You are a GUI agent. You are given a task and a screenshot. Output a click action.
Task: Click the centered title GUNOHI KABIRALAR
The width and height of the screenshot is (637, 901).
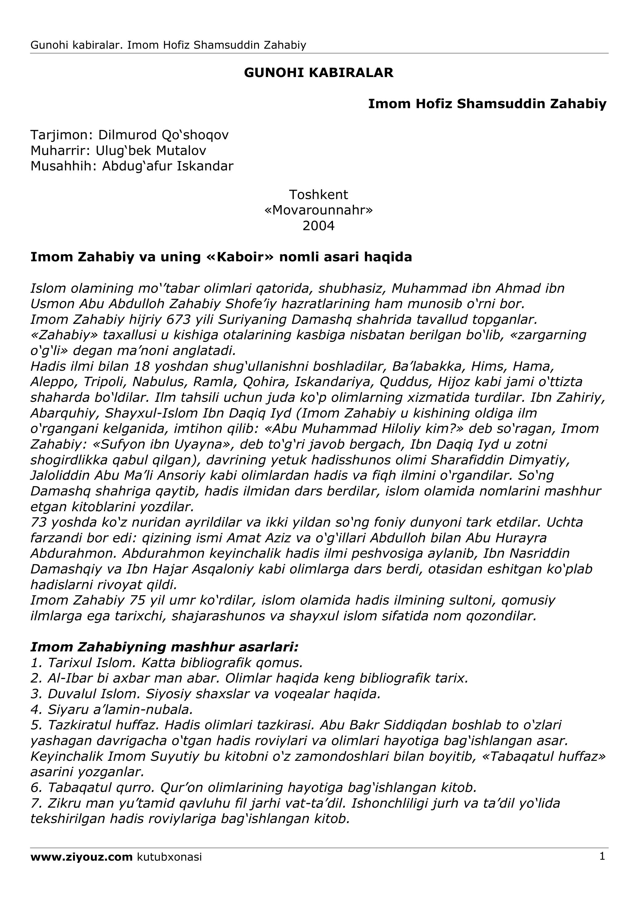[318, 73]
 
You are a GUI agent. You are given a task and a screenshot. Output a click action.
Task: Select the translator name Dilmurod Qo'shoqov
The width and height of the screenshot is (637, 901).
[163, 135]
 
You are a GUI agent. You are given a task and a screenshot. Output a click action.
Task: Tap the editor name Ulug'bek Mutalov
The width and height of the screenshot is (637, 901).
[151, 151]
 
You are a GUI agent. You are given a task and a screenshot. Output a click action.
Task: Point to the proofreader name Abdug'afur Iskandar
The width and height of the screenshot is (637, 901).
[168, 166]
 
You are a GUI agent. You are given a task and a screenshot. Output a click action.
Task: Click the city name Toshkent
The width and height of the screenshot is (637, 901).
[318, 195]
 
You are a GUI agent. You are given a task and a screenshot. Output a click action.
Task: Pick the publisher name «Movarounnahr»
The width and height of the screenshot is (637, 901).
[318, 210]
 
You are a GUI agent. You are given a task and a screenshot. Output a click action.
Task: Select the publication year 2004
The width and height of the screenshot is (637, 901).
[318, 226]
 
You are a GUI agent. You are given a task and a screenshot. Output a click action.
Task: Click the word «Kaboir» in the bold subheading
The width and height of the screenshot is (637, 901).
[239, 257]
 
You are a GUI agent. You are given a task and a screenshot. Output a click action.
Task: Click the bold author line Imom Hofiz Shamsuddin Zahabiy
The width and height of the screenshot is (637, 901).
[487, 104]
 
